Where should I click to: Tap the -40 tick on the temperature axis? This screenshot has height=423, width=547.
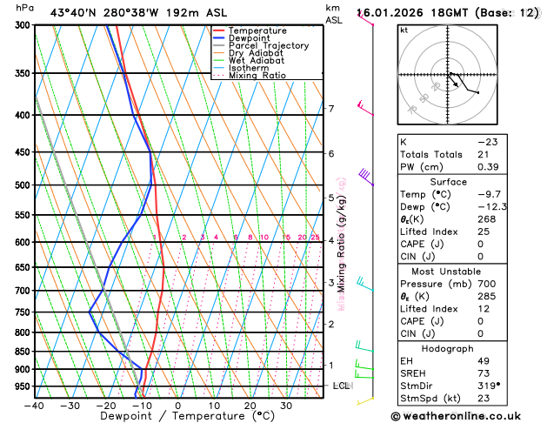click(x=34, y=406)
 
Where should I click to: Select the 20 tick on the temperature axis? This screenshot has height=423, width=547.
click(x=250, y=406)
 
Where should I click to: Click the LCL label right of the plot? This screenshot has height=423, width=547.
click(x=341, y=386)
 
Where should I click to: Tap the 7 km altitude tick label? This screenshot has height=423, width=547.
click(x=331, y=109)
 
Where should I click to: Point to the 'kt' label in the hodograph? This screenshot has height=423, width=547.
click(x=404, y=30)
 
